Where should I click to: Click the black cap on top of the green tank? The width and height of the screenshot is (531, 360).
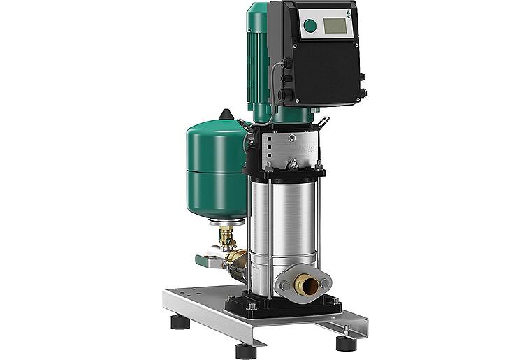coord(226,115)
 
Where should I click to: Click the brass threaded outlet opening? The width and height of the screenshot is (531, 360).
coord(305,283)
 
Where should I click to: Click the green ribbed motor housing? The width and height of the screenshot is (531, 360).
coord(260,56)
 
